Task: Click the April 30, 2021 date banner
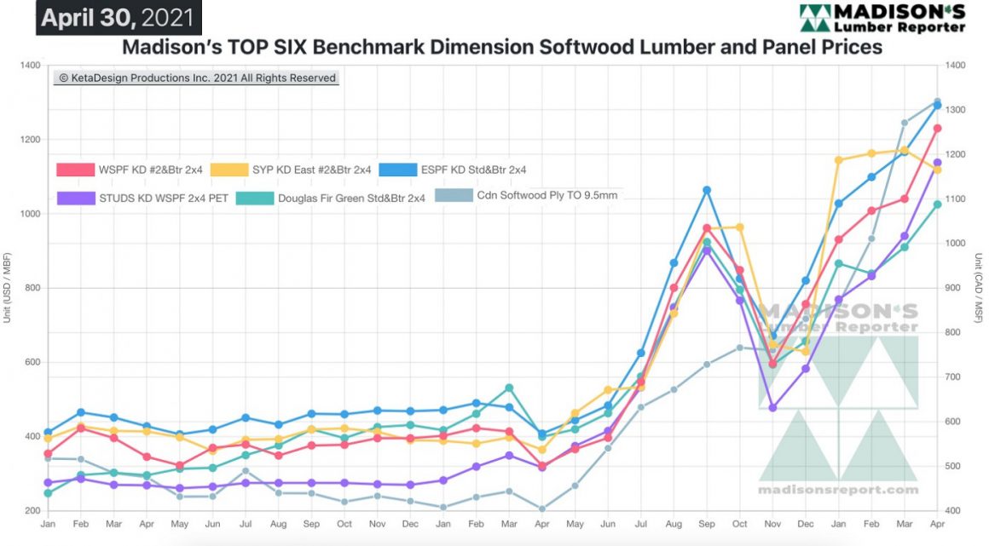point(115,17)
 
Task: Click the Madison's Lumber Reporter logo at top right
point(882,17)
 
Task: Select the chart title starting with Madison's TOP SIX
point(502,47)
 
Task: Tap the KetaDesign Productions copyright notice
point(197,78)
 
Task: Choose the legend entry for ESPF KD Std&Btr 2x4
point(464,170)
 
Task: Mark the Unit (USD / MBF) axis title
point(8,288)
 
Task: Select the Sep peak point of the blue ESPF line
point(707,190)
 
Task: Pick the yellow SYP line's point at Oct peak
point(739,227)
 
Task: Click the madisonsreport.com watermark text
point(838,491)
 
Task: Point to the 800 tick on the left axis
point(32,288)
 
